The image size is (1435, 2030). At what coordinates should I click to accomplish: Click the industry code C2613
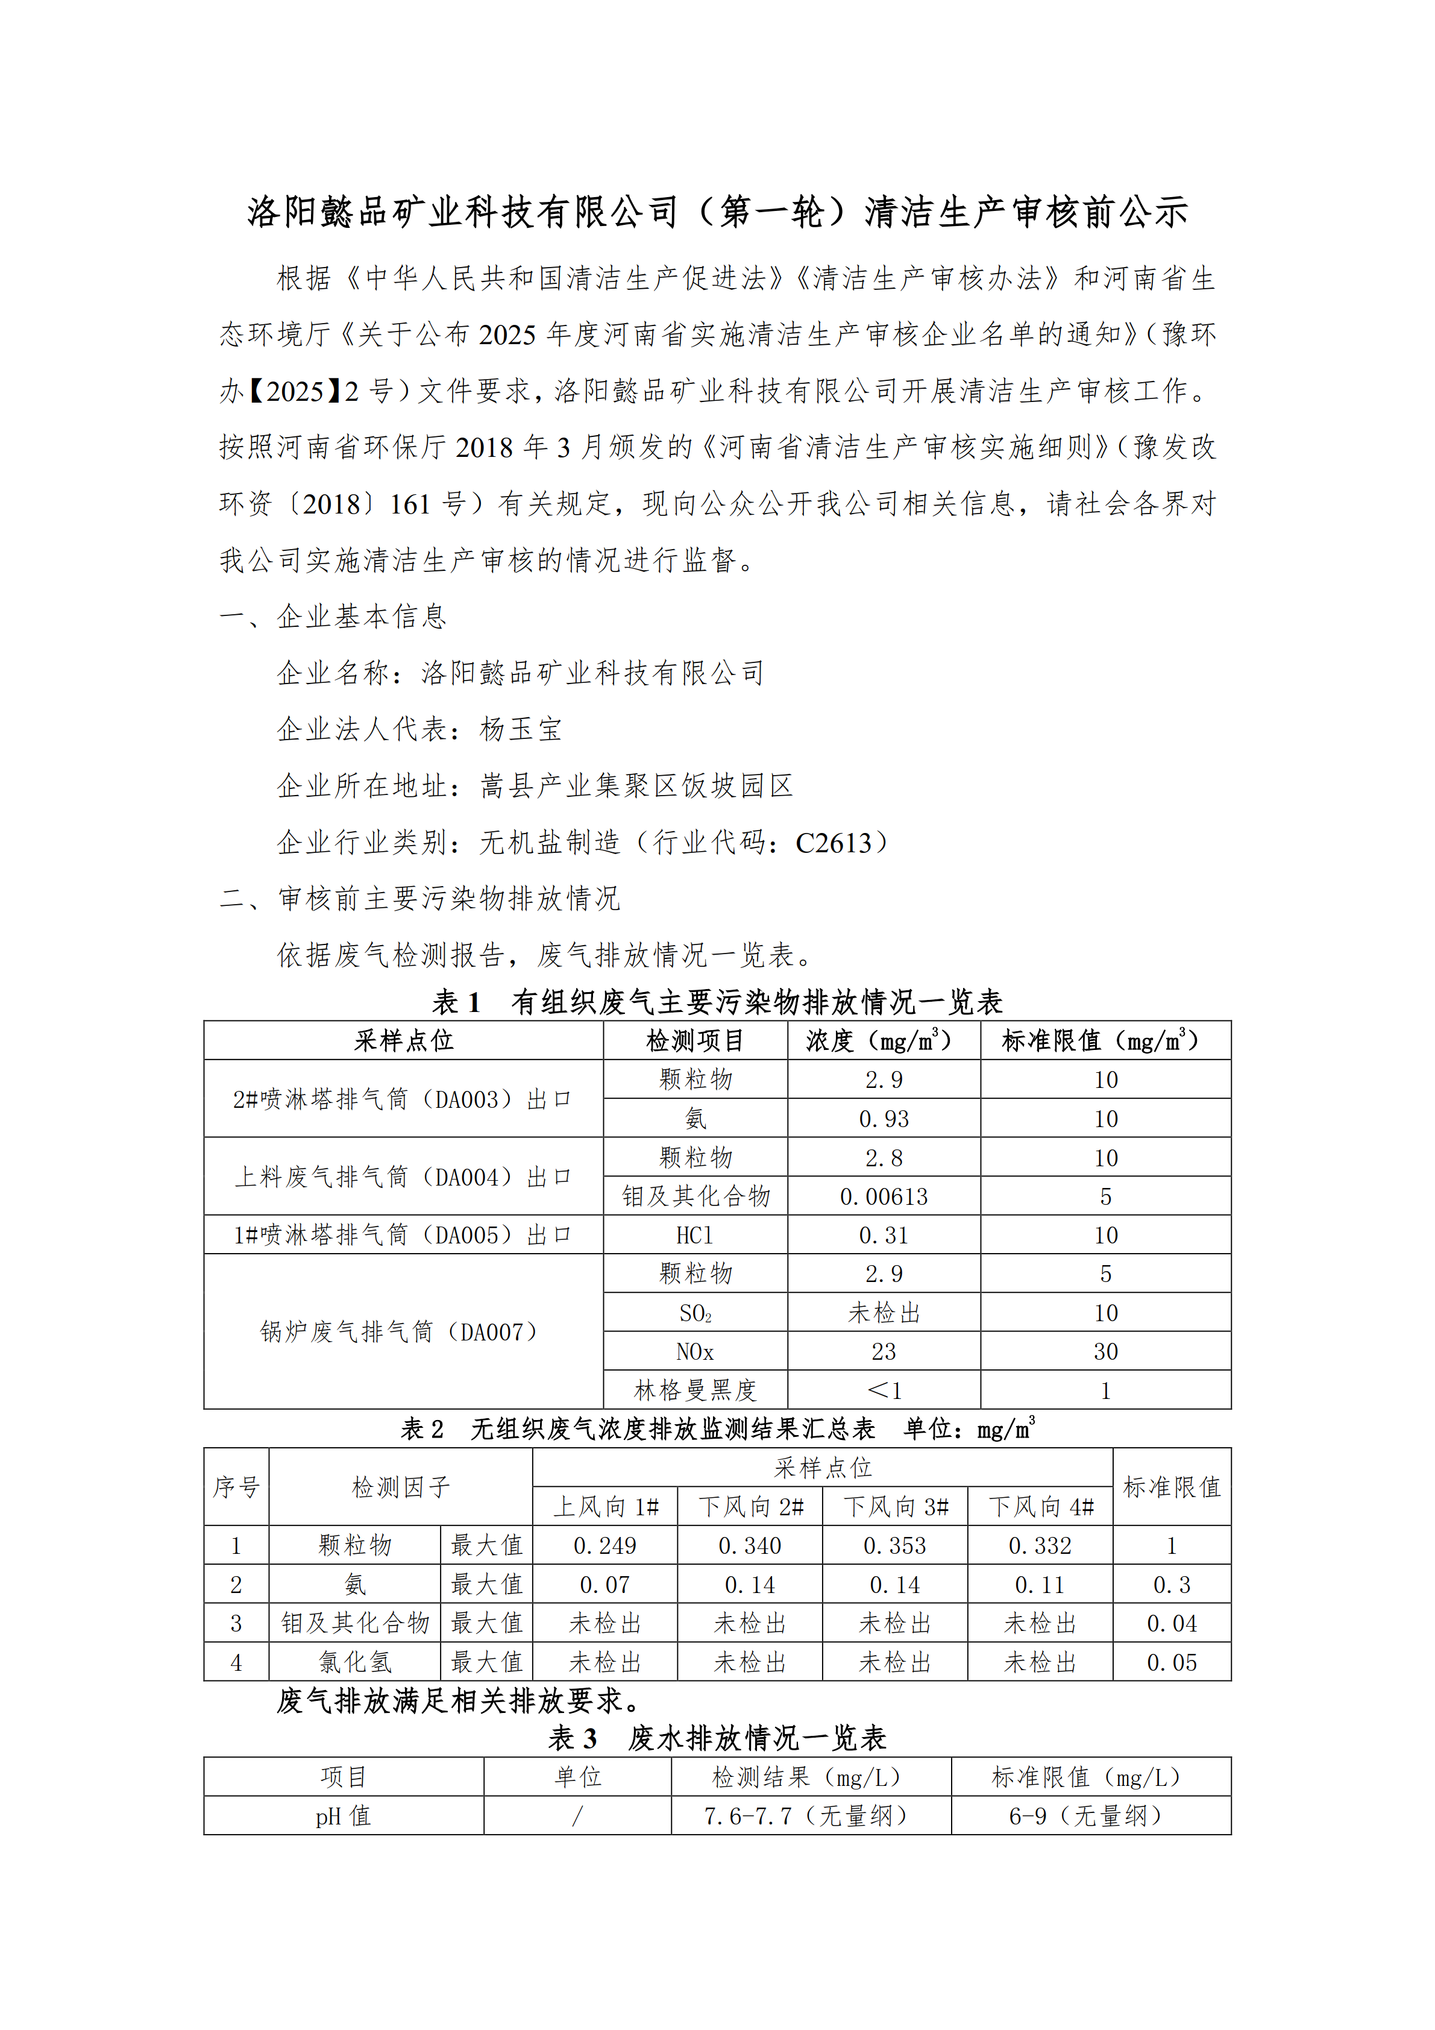[x=833, y=843]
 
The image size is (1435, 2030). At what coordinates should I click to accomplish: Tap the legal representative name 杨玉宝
[x=521, y=729]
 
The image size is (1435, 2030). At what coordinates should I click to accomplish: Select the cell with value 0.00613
[x=884, y=1196]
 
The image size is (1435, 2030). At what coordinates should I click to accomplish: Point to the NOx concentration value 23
[x=884, y=1352]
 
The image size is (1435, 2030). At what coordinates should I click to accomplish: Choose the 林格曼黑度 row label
[x=695, y=1391]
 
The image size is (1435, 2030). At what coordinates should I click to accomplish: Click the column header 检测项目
[x=695, y=1041]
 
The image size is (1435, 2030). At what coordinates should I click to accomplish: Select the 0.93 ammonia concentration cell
[x=884, y=1119]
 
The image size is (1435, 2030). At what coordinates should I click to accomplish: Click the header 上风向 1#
[x=606, y=1507]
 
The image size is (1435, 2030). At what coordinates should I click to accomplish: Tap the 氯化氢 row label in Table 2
[x=354, y=1662]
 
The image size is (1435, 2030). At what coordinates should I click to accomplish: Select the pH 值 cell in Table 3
[x=343, y=1816]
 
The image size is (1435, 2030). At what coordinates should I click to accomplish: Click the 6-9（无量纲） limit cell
[x=1091, y=1816]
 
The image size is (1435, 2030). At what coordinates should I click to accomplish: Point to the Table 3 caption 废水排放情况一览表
[x=757, y=1738]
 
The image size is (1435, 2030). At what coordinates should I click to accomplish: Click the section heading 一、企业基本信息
[x=333, y=616]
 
